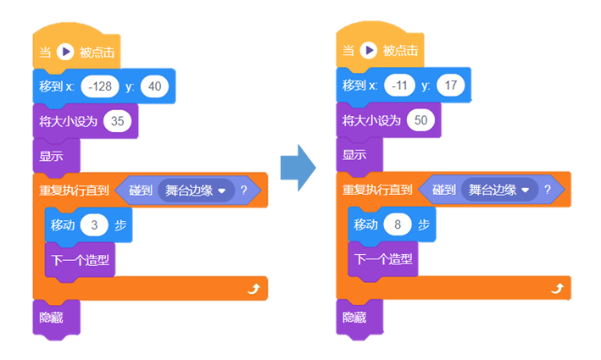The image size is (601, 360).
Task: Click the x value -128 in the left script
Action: coord(98,86)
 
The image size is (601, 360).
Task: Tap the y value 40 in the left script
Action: coord(155,86)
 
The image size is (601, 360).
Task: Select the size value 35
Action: coord(118,121)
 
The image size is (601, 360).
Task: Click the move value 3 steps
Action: coord(95,225)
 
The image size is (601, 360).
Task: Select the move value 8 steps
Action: coord(398,225)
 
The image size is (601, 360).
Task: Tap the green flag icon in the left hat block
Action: coord(66,52)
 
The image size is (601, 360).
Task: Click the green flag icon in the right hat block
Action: coord(369,52)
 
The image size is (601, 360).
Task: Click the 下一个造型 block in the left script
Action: coord(79,260)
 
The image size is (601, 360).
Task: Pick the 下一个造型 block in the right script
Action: coord(382,260)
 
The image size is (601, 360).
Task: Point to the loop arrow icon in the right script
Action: coord(556,289)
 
